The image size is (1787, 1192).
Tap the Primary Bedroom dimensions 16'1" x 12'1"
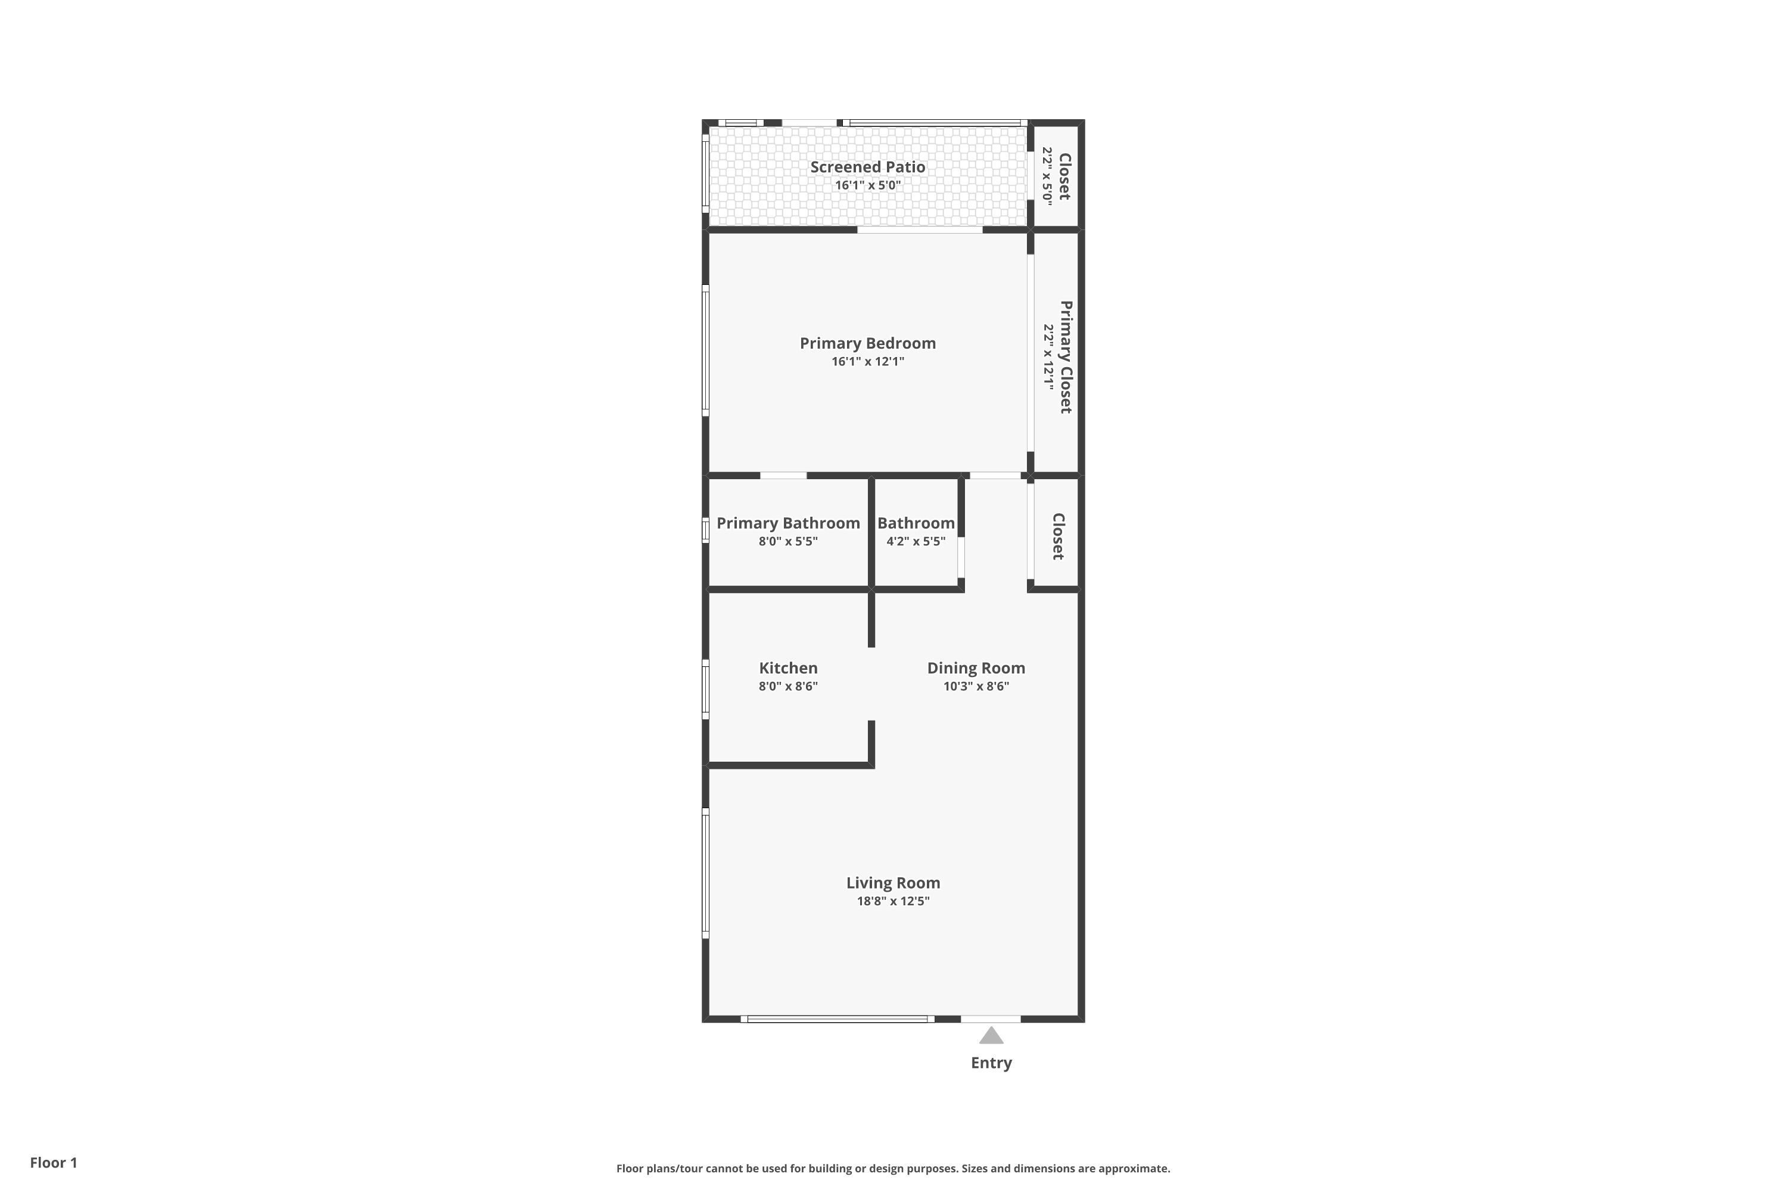pos(868,361)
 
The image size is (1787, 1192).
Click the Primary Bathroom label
pos(788,523)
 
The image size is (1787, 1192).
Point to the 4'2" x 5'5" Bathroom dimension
pos(916,541)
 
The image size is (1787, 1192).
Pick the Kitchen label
pos(788,668)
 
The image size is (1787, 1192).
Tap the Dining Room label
pos(976,668)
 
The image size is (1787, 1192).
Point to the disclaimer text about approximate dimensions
pos(893,1168)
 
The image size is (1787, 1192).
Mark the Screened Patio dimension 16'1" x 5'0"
pos(868,185)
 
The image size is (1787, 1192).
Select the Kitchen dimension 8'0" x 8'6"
pos(788,686)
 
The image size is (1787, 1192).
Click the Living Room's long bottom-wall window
pos(838,1019)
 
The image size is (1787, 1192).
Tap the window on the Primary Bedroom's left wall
pos(705,350)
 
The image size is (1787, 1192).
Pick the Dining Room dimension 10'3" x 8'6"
pos(976,686)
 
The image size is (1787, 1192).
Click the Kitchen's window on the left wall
pos(705,690)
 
